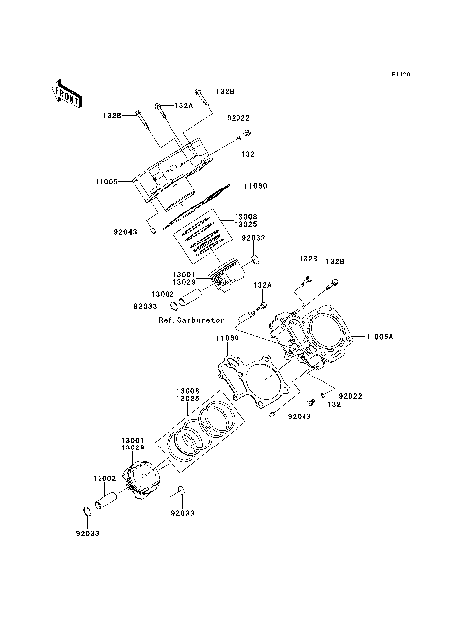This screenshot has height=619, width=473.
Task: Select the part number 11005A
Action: click(x=379, y=337)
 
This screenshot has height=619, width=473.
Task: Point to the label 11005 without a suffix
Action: click(x=108, y=182)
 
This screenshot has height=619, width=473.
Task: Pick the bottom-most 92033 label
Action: click(x=87, y=532)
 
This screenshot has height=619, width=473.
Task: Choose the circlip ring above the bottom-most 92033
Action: click(x=86, y=511)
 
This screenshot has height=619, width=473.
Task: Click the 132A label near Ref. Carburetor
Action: click(x=262, y=285)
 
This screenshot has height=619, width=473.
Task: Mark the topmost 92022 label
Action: click(x=238, y=117)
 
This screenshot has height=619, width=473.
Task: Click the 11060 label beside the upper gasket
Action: click(x=255, y=185)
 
